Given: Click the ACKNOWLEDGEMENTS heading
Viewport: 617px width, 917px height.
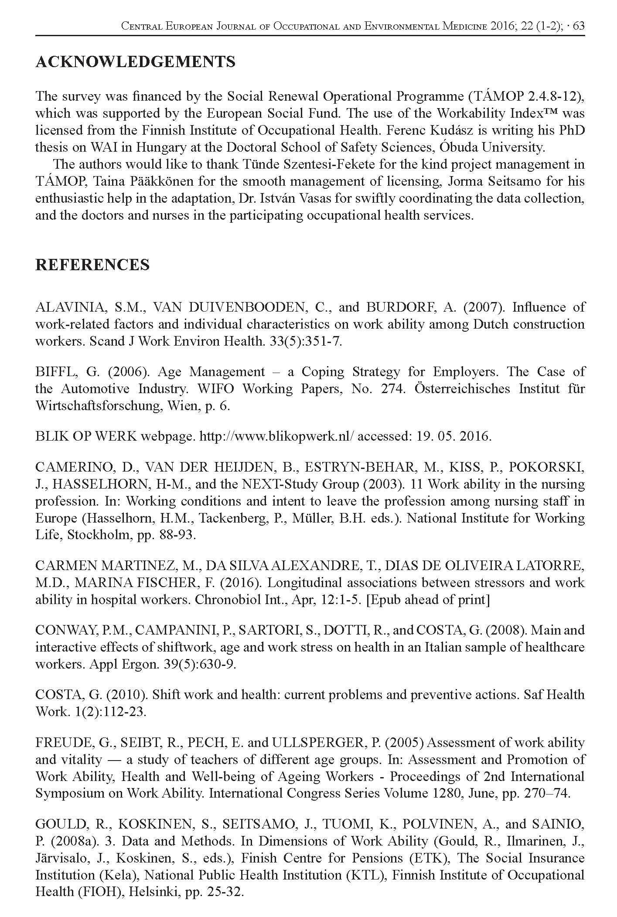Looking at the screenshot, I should [135, 62].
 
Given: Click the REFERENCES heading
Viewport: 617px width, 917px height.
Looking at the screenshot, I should [92, 265].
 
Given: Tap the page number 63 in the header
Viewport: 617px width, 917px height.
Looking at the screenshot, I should [578, 26].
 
